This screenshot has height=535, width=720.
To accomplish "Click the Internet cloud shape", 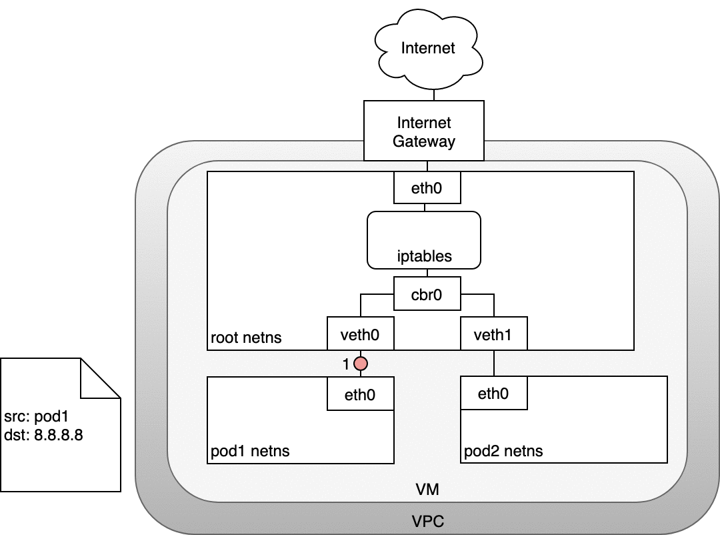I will (x=427, y=49).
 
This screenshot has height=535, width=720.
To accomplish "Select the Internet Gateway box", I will (x=424, y=131).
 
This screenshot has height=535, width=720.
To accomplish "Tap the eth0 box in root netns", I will (x=427, y=187).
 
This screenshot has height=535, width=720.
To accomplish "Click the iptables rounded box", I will (x=424, y=239).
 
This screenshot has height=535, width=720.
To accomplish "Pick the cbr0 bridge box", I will (x=427, y=293).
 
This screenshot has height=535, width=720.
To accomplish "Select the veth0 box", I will (x=360, y=334).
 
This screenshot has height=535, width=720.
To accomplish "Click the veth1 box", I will (x=493, y=334).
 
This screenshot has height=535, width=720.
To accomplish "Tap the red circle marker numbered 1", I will (x=361, y=364).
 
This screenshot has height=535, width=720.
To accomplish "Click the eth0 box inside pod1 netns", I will (x=360, y=394).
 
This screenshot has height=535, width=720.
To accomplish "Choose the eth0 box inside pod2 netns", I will (x=493, y=394).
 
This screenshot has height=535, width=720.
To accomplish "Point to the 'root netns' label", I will (x=246, y=338).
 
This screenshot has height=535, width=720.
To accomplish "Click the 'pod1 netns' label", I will (x=250, y=451).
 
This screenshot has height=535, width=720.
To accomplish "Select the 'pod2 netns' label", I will (x=503, y=451).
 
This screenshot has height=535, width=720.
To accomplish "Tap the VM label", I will (x=427, y=490).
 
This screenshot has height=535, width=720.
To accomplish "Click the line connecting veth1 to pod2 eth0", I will (x=493, y=363).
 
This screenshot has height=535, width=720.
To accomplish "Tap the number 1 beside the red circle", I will (x=346, y=364).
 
